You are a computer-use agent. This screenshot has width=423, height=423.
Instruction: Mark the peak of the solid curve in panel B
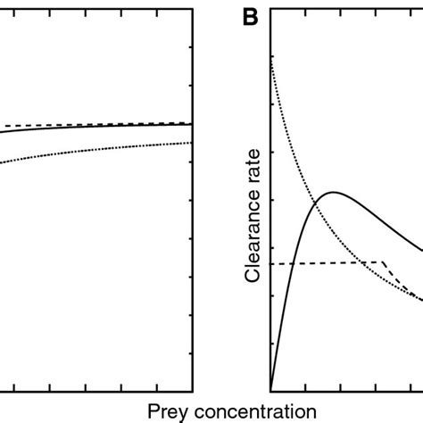pos(332,192)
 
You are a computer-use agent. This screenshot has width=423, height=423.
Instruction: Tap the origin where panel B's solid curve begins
pos(270,390)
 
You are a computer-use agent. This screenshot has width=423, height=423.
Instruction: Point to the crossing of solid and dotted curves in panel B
pos(316,202)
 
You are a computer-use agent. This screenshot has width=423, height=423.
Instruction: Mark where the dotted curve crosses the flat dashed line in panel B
pos(361,262)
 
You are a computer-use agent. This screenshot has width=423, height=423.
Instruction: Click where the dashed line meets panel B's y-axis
pos(270,263)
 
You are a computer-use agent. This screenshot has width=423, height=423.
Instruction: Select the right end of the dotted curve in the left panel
pos(192,143)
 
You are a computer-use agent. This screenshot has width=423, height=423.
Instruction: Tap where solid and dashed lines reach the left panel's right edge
pos(192,124)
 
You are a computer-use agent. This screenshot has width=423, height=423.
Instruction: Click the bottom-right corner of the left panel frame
pos(193,390)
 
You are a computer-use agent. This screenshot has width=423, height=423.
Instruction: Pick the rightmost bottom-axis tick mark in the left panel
pos(158,387)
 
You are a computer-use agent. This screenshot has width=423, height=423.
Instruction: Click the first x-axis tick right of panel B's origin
pos(305,387)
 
